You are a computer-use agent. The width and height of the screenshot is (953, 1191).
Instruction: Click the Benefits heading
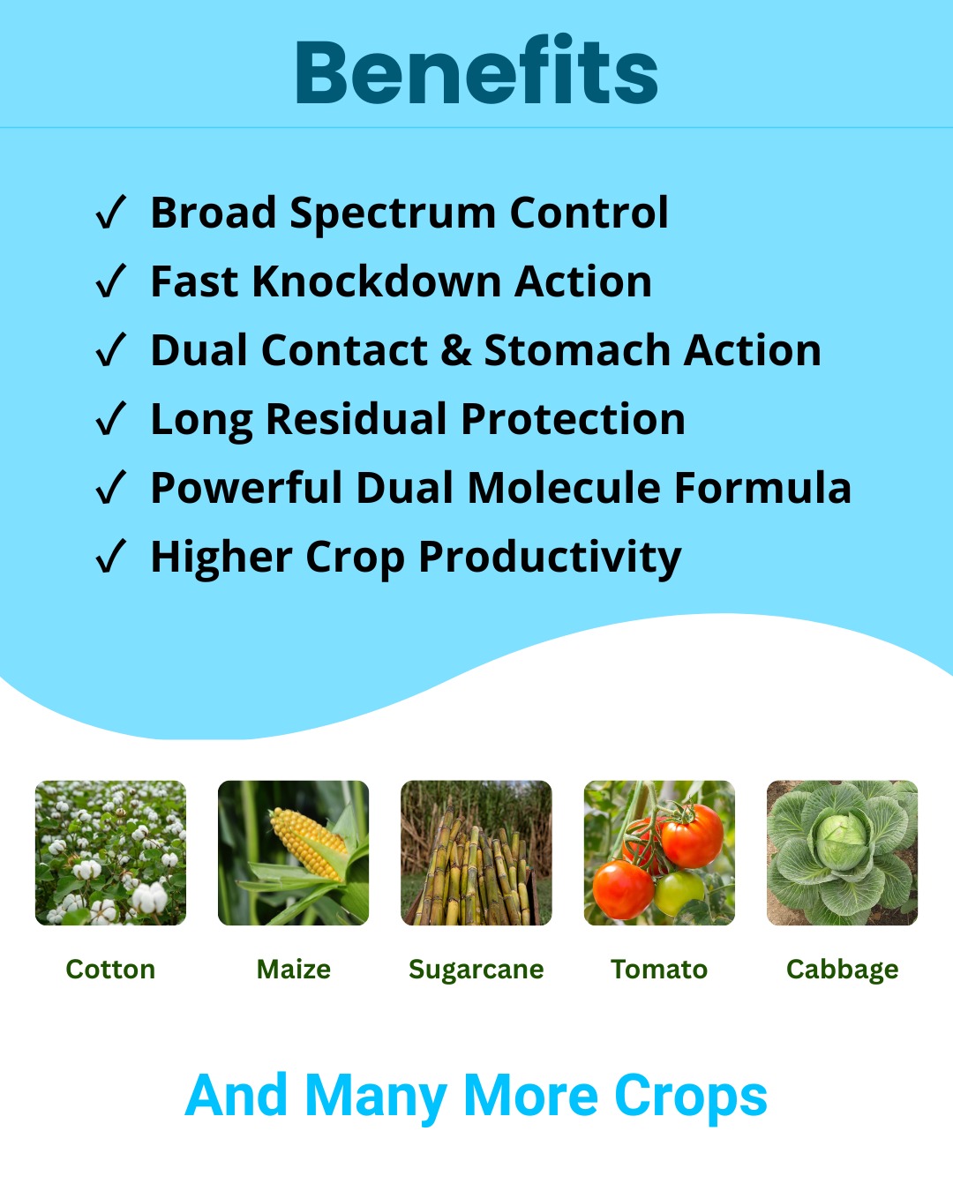476,71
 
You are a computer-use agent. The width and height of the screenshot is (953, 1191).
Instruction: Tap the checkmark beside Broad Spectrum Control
111,212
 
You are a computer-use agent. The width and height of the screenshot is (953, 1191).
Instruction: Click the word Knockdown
377,281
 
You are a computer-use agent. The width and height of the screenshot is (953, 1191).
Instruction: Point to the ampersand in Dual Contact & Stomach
455,351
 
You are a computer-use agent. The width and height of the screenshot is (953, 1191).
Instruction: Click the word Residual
356,419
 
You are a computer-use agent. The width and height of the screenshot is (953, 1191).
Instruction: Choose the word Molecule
564,488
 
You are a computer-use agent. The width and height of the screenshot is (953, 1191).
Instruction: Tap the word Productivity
550,558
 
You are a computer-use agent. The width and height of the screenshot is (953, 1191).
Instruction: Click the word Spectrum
393,213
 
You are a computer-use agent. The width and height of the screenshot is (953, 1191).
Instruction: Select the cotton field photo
111,853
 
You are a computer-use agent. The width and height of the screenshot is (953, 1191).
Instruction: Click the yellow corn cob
308,843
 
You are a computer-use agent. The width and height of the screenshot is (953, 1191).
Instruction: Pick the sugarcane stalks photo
476,853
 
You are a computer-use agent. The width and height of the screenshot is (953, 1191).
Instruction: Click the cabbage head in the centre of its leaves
842,843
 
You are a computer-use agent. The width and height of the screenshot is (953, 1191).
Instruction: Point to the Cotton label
111,969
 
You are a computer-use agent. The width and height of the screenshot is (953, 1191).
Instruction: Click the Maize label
294,969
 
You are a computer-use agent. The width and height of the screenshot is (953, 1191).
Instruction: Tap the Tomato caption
659,969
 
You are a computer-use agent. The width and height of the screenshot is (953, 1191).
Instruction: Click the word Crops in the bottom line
691,1096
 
